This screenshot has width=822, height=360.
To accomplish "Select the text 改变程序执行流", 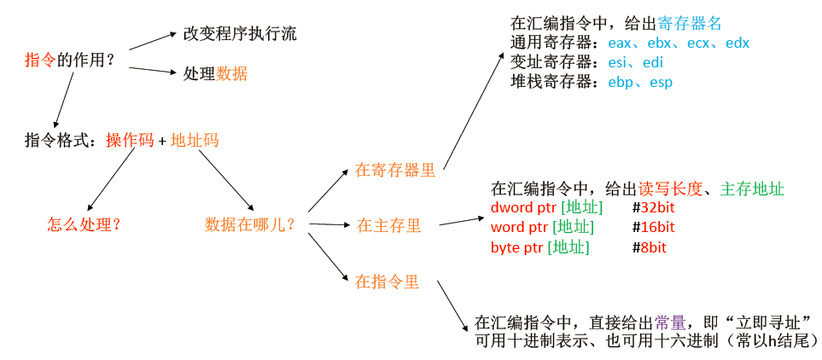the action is (x=240, y=34).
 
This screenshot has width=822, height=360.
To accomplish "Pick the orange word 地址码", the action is (x=195, y=140).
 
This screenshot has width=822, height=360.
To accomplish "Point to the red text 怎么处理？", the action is (x=84, y=224).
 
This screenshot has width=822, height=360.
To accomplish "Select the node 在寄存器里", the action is (x=395, y=170).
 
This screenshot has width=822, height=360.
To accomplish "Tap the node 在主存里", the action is (x=389, y=225).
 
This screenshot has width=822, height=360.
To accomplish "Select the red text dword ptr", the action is (x=520, y=208).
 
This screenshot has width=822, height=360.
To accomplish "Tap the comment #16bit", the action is (x=653, y=227).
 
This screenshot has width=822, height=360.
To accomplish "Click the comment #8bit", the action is (x=650, y=247).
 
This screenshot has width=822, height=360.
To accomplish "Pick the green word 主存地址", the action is (x=752, y=189).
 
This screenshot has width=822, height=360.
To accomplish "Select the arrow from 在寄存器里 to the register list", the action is (x=473, y=111).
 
